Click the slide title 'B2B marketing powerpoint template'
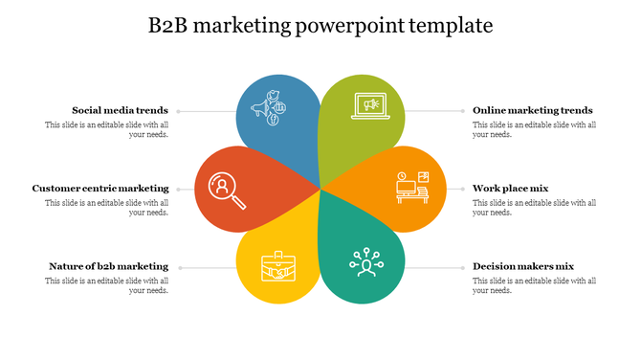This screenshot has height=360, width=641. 320,26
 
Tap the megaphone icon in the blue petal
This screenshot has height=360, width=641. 265,108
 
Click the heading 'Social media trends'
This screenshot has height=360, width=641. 121,110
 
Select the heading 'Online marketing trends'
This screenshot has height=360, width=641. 533,110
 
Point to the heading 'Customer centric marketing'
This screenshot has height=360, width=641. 100,189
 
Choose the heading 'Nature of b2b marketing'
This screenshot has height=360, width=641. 108,266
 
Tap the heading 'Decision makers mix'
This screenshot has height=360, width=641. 523,266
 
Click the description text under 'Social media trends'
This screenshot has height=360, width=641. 107,129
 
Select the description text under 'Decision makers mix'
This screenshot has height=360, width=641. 534,285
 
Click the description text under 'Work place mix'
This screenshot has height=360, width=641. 534,207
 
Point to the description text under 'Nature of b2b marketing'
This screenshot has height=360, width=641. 107,285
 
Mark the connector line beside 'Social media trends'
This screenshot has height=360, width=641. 206,111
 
